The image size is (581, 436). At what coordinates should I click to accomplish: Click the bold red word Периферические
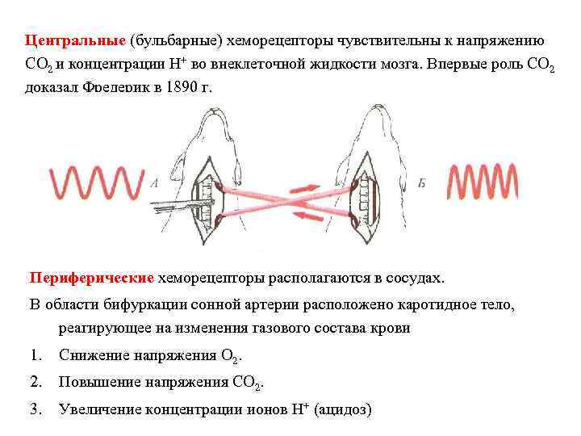click(91, 278)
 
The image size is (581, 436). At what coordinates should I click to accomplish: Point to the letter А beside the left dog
click(153, 183)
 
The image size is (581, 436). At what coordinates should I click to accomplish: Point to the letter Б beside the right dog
click(421, 183)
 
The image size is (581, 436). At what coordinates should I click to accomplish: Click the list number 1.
click(35, 355)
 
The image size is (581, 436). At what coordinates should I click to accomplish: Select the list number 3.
click(35, 409)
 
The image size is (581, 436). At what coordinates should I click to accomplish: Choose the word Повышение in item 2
click(98, 382)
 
